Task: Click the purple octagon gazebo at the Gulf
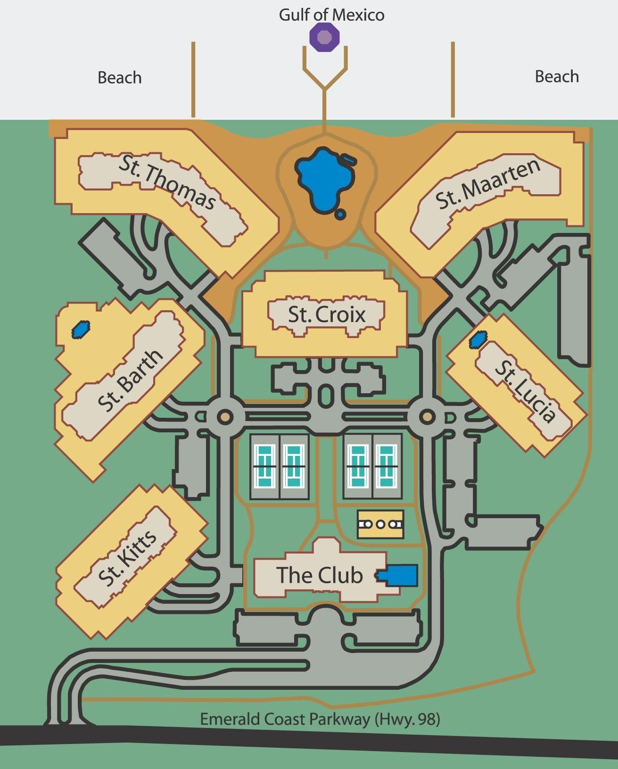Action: tap(324, 37)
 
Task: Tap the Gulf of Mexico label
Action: tap(331, 15)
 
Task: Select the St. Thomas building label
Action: tap(167, 183)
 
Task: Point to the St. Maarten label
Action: tap(487, 184)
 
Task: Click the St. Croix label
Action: tap(327, 314)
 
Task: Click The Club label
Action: tap(319, 575)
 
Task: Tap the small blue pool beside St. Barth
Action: tap(80, 330)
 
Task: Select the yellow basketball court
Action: tap(380, 524)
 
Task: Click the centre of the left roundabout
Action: tap(225, 417)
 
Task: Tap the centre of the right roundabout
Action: tap(427, 417)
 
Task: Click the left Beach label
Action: tap(119, 77)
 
